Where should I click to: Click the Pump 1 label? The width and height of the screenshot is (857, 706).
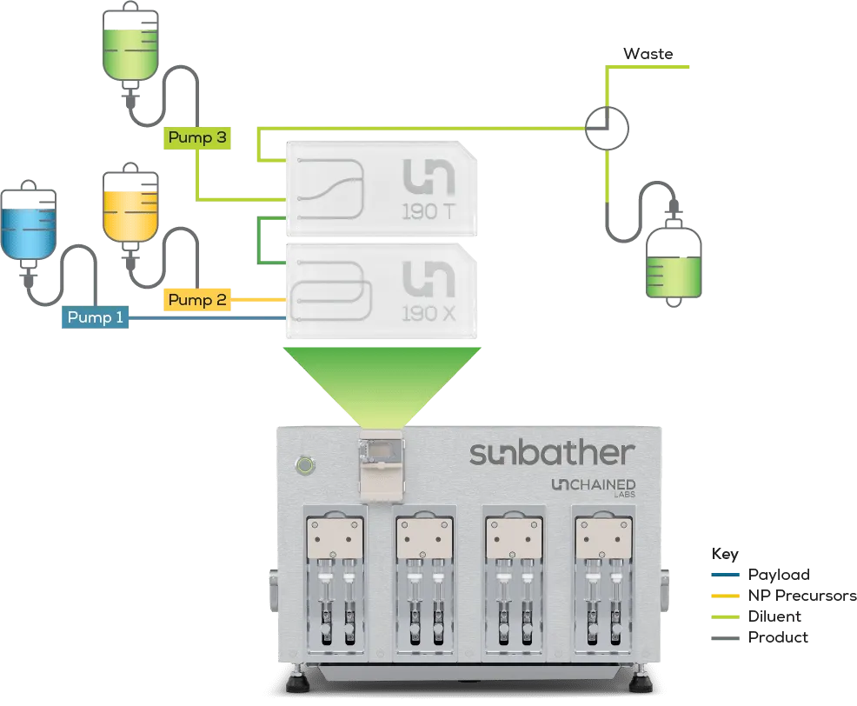95,318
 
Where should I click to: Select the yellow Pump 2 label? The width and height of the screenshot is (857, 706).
197,300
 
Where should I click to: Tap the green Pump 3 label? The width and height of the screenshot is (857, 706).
197,137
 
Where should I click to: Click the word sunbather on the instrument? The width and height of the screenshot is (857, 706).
552,453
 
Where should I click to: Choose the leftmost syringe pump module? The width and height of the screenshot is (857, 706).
334,578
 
